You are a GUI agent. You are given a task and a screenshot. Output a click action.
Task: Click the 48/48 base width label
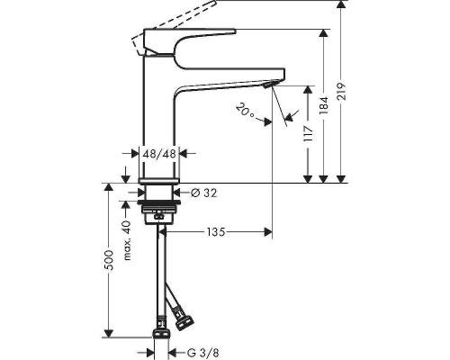(159, 155)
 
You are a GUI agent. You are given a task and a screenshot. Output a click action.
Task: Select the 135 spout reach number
(213, 232)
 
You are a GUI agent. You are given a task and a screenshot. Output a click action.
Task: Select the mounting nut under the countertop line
(158, 216)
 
